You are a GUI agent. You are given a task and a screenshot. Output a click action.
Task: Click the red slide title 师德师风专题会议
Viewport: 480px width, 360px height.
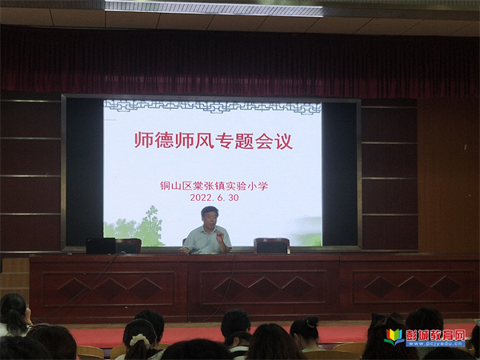(x=214, y=141)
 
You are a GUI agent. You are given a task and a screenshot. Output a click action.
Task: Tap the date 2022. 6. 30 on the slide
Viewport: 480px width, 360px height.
(x=214, y=198)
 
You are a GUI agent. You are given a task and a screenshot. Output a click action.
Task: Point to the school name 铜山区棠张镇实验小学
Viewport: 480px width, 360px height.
(x=214, y=186)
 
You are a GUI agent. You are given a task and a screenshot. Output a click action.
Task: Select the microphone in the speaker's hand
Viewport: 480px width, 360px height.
(x=219, y=234)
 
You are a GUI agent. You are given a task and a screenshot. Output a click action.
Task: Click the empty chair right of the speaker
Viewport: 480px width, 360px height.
(x=272, y=246)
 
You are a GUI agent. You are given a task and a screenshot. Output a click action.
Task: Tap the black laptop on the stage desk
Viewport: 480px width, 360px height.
(x=101, y=246)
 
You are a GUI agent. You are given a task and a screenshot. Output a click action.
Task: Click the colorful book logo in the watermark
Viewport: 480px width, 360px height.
(x=394, y=337)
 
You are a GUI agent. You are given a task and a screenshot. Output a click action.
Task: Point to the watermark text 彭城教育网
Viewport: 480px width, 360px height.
(x=436, y=335)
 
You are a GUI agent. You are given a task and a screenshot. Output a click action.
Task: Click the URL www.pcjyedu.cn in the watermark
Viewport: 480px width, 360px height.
(x=435, y=344)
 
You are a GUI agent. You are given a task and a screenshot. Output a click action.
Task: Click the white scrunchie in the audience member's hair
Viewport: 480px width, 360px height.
(x=139, y=339)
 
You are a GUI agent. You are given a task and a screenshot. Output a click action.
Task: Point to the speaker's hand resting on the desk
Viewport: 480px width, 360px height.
(x=184, y=251)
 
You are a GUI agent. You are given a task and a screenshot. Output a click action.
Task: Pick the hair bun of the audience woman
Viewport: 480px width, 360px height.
(x=312, y=322)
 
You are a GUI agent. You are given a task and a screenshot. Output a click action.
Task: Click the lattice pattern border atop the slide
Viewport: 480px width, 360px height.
(x=213, y=106)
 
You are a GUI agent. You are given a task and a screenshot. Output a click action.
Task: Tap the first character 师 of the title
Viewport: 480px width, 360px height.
(x=143, y=141)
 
